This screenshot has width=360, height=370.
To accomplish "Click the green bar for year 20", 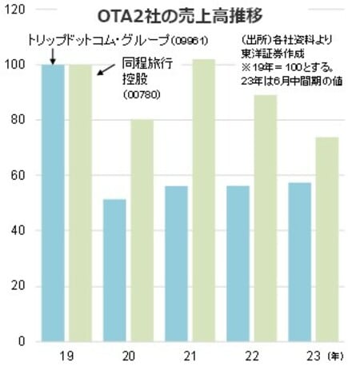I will (x=142, y=231).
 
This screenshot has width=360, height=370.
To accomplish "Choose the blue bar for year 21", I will (x=177, y=264).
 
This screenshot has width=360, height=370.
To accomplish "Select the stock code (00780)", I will (x=142, y=94).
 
